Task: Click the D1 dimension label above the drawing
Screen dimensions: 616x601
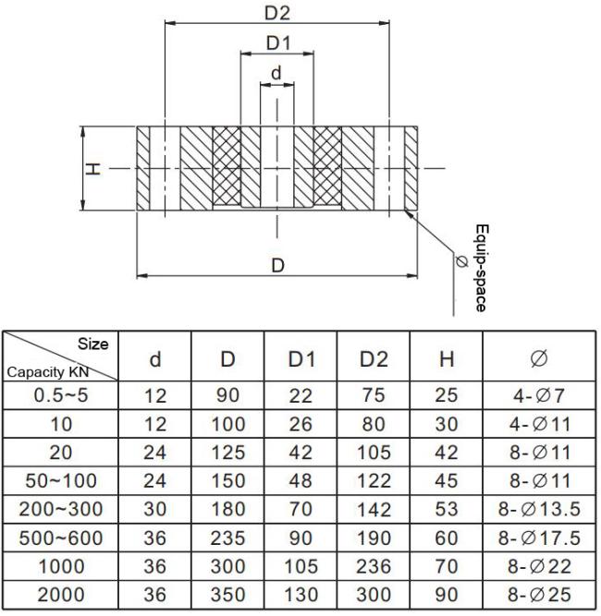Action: pyautogui.click(x=277, y=42)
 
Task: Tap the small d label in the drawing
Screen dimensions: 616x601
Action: pyautogui.click(x=276, y=72)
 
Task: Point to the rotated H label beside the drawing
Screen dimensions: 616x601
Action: pyautogui.click(x=92, y=168)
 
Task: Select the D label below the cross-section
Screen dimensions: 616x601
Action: pyautogui.click(x=276, y=265)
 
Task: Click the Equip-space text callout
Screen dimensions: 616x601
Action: pyautogui.click(x=480, y=267)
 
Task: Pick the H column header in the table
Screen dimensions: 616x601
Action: pyautogui.click(x=446, y=358)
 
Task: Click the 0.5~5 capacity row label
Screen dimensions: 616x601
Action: pyautogui.click(x=60, y=395)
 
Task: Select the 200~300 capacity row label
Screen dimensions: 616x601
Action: pyautogui.click(x=60, y=510)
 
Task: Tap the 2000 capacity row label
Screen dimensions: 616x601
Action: pyautogui.click(x=60, y=596)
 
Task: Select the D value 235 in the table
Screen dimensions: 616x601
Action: pyautogui.click(x=227, y=538)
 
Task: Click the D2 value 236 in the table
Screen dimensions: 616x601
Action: pyautogui.click(x=374, y=567)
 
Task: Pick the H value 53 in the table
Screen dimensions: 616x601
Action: pyautogui.click(x=446, y=510)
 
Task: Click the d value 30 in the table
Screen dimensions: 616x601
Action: pyautogui.click(x=156, y=510)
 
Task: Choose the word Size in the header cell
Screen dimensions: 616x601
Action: pyautogui.click(x=93, y=344)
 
